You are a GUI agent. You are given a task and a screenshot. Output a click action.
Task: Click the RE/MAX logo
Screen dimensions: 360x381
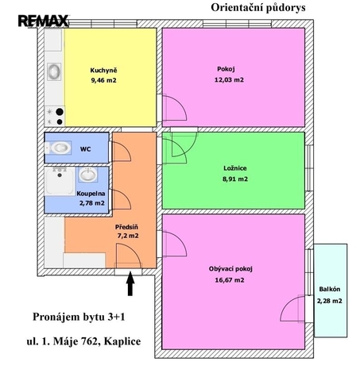click(44, 21)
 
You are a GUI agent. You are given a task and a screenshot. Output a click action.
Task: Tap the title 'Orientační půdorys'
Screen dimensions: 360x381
click(258, 8)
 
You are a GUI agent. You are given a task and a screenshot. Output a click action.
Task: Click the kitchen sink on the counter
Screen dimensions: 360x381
click(54, 71)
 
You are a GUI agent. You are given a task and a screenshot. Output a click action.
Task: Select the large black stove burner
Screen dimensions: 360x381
click(60, 112)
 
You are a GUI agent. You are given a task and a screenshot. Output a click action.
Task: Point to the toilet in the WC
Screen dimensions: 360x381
click(58, 148)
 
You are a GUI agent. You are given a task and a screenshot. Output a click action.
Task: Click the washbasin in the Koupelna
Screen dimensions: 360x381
click(88, 175)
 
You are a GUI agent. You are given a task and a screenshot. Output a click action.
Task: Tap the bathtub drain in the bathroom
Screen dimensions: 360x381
click(60, 175)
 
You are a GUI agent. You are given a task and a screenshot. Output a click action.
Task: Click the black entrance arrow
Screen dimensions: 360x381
click(130, 283)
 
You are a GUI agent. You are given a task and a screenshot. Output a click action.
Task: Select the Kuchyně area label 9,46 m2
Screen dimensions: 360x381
click(103, 80)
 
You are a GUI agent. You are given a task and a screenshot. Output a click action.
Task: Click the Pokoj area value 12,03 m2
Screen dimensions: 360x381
click(229, 80)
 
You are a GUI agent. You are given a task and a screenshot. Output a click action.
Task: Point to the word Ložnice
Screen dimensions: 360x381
click(235, 168)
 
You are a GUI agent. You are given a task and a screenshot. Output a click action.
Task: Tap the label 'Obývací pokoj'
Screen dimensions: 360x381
click(230, 269)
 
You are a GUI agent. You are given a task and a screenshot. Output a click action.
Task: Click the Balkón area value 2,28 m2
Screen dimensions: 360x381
click(330, 301)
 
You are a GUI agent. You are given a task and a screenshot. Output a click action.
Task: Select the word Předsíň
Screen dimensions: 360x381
click(126, 227)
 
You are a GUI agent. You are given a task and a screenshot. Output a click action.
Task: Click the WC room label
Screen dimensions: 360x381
click(85, 149)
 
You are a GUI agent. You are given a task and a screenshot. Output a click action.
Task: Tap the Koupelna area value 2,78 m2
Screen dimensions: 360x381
click(91, 203)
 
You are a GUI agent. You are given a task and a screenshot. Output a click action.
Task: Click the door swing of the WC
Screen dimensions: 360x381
click(126, 148)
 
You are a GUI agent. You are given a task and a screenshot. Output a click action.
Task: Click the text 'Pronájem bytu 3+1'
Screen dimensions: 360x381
click(79, 317)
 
